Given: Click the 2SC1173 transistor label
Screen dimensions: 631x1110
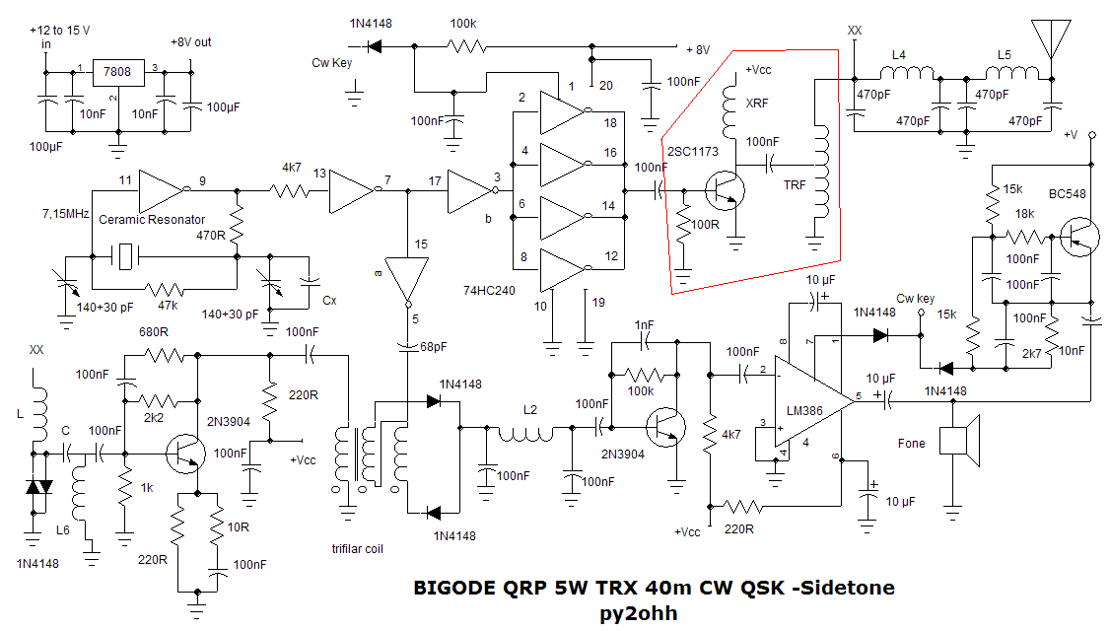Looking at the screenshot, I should point(693,152).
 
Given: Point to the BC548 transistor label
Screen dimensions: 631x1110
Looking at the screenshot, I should point(1068,194).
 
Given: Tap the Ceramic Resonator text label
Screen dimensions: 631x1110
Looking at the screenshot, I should point(149,219).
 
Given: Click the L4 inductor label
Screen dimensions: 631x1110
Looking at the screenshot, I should point(898,56).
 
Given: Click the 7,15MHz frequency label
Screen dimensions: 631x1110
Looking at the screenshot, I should point(66,213).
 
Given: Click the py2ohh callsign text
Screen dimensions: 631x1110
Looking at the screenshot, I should point(638,612).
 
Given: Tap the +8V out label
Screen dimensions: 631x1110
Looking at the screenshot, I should point(189,42).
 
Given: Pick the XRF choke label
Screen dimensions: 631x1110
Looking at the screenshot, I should point(757,103).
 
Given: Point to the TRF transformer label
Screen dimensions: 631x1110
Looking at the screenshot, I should point(794,184).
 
